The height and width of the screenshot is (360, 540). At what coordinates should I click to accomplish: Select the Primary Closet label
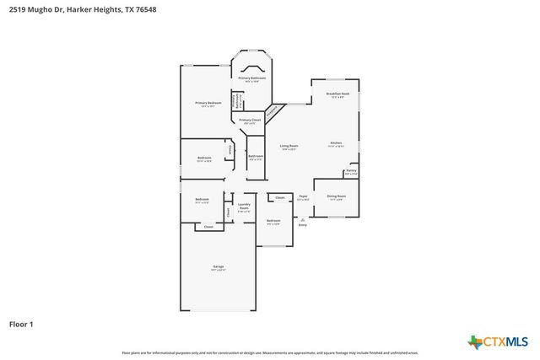(249, 121)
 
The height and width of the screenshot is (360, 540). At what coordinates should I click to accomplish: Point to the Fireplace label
(273, 111)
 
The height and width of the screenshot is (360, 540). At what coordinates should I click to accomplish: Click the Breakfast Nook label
(337, 94)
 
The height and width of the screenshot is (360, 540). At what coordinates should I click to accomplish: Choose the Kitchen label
(335, 144)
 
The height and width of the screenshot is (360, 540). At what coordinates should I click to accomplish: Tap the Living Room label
(289, 147)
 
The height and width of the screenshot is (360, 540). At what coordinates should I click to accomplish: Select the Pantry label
(350, 172)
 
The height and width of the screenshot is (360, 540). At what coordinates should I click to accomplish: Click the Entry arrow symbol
(302, 218)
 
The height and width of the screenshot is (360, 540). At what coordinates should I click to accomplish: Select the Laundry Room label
(244, 207)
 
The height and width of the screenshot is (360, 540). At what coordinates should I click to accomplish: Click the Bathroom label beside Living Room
(256, 157)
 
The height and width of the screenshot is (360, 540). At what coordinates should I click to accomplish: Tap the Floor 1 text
(23, 324)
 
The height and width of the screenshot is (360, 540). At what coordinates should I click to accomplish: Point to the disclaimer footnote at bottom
(270, 352)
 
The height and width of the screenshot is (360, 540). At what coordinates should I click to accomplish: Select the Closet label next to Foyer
(279, 198)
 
